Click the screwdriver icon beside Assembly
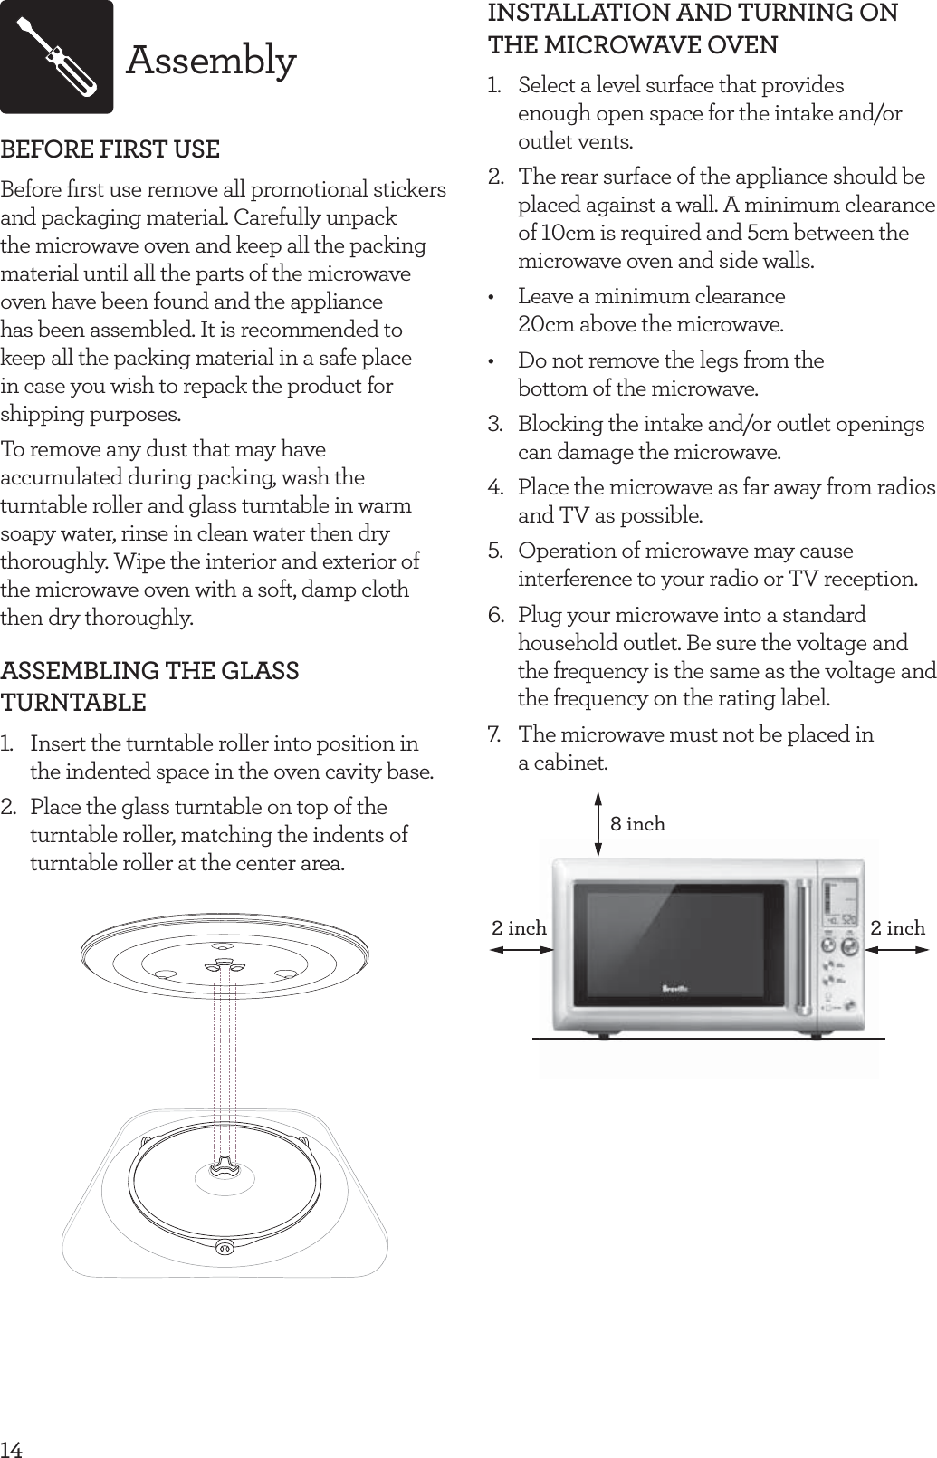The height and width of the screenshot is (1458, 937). click(56, 56)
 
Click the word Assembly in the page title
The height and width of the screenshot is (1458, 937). click(211, 61)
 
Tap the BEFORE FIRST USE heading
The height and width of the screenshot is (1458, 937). click(110, 149)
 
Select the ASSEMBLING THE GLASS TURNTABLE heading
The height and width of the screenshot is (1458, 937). click(149, 686)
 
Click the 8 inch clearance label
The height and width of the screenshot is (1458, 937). click(637, 824)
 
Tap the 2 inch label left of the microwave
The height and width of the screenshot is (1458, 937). click(519, 928)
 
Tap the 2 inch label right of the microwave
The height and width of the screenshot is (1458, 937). click(897, 928)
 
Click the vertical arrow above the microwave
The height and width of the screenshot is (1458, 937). click(598, 822)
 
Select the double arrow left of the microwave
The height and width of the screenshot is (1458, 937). click(521, 949)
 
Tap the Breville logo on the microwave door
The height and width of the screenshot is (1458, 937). click(676, 990)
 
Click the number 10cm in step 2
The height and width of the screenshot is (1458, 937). click(564, 234)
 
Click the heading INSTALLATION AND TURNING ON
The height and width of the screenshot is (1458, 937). click(693, 14)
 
